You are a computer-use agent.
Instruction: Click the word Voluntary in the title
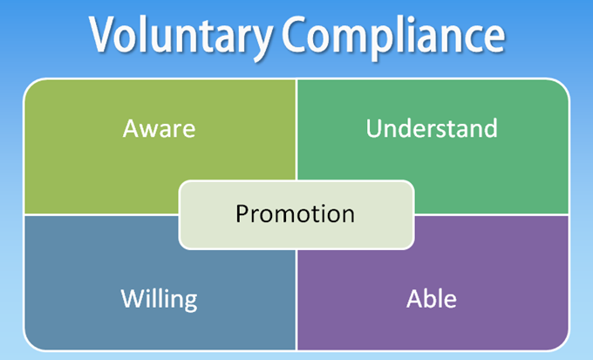pyautogui.click(x=181, y=37)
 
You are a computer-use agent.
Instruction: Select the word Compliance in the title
pyautogui.click(x=393, y=37)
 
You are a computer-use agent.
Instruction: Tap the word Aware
pyautogui.click(x=160, y=129)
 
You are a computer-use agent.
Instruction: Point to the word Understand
pyautogui.click(x=432, y=128)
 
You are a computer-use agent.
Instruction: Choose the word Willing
pyautogui.click(x=160, y=300)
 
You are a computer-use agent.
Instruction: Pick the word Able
pyautogui.click(x=432, y=299)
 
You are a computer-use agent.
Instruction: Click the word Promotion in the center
pyautogui.click(x=296, y=214)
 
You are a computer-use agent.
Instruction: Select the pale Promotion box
pyautogui.click(x=296, y=214)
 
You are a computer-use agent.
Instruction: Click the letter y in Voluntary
pyautogui.click(x=261, y=43)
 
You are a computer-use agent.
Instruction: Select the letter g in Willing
pyautogui.click(x=190, y=303)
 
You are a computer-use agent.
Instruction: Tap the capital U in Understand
pyautogui.click(x=373, y=128)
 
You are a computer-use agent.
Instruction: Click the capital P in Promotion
pyautogui.click(x=242, y=214)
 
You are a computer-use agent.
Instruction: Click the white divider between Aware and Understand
pyautogui.click(x=296, y=130)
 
